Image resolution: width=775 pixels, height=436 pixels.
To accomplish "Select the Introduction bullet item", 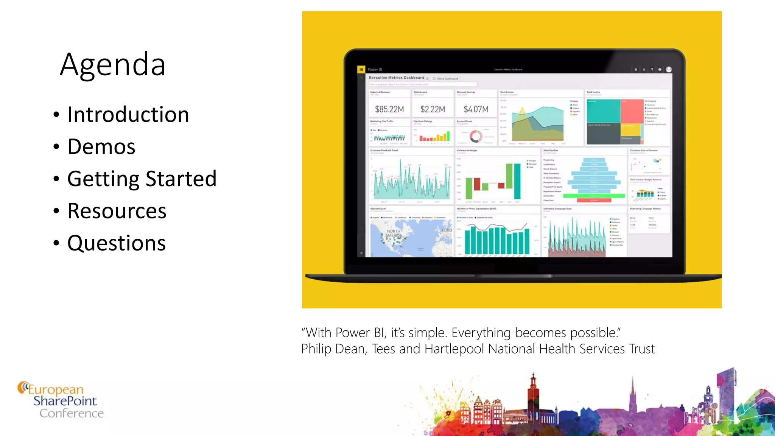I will tap(128, 115).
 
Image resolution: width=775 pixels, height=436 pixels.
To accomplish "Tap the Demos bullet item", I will tap(101, 147).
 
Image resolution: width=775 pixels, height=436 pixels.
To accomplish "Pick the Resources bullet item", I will tap(117, 211).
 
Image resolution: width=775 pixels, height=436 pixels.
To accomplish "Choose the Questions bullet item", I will tap(116, 243).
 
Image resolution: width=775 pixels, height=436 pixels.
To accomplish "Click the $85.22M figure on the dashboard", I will tap(389, 109).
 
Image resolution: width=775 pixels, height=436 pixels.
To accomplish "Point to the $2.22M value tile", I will tap(433, 109).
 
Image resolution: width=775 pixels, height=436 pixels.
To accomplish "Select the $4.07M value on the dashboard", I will tap(476, 109).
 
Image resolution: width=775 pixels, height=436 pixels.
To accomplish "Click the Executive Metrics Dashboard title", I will tap(396, 78).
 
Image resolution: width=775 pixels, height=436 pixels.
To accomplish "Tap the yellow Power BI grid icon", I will tap(361, 69).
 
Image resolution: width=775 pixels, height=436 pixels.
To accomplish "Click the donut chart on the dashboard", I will tap(476, 136).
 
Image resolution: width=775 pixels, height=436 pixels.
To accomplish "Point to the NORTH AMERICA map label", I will tap(394, 233).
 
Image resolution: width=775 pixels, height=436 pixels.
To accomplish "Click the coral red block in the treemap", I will tap(632, 111).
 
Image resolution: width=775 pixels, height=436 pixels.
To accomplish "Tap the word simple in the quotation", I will tap(428, 333).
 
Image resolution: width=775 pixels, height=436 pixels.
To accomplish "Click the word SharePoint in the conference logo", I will tap(65, 401).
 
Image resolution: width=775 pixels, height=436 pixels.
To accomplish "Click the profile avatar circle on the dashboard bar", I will tap(669, 69).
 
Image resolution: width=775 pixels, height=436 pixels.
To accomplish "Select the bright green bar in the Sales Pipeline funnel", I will tap(594, 196).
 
